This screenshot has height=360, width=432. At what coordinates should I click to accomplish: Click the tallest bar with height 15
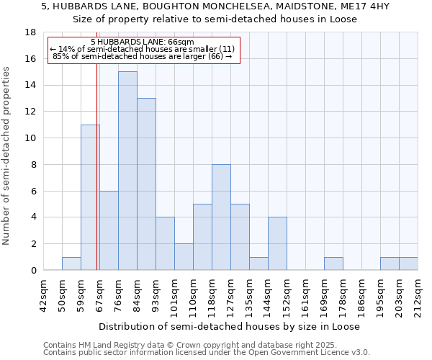(127, 171)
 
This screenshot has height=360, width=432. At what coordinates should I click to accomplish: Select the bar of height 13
(146, 184)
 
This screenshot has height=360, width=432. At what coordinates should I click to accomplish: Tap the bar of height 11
(90, 197)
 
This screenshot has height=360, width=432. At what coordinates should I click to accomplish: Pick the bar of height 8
(221, 217)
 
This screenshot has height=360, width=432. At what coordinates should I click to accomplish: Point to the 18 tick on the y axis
(31, 32)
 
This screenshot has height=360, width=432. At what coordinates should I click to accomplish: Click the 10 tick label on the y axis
(31, 138)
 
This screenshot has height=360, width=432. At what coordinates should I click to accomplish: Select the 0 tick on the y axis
(34, 271)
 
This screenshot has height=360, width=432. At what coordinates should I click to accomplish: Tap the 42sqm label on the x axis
(44, 294)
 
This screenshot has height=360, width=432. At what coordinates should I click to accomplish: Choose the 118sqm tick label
(212, 294)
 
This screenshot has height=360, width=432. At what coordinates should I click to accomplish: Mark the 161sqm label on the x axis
(306, 294)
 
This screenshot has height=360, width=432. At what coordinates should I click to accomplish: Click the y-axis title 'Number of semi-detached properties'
(7, 156)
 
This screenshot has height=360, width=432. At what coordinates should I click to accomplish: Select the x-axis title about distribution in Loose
(230, 326)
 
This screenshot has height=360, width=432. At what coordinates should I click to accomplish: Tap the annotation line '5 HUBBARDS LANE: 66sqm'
(142, 42)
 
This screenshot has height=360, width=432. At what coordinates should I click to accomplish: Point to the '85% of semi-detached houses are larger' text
(142, 56)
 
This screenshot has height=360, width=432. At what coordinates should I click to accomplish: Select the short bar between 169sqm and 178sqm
(333, 264)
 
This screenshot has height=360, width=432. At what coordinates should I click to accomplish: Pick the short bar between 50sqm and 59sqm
(71, 264)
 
